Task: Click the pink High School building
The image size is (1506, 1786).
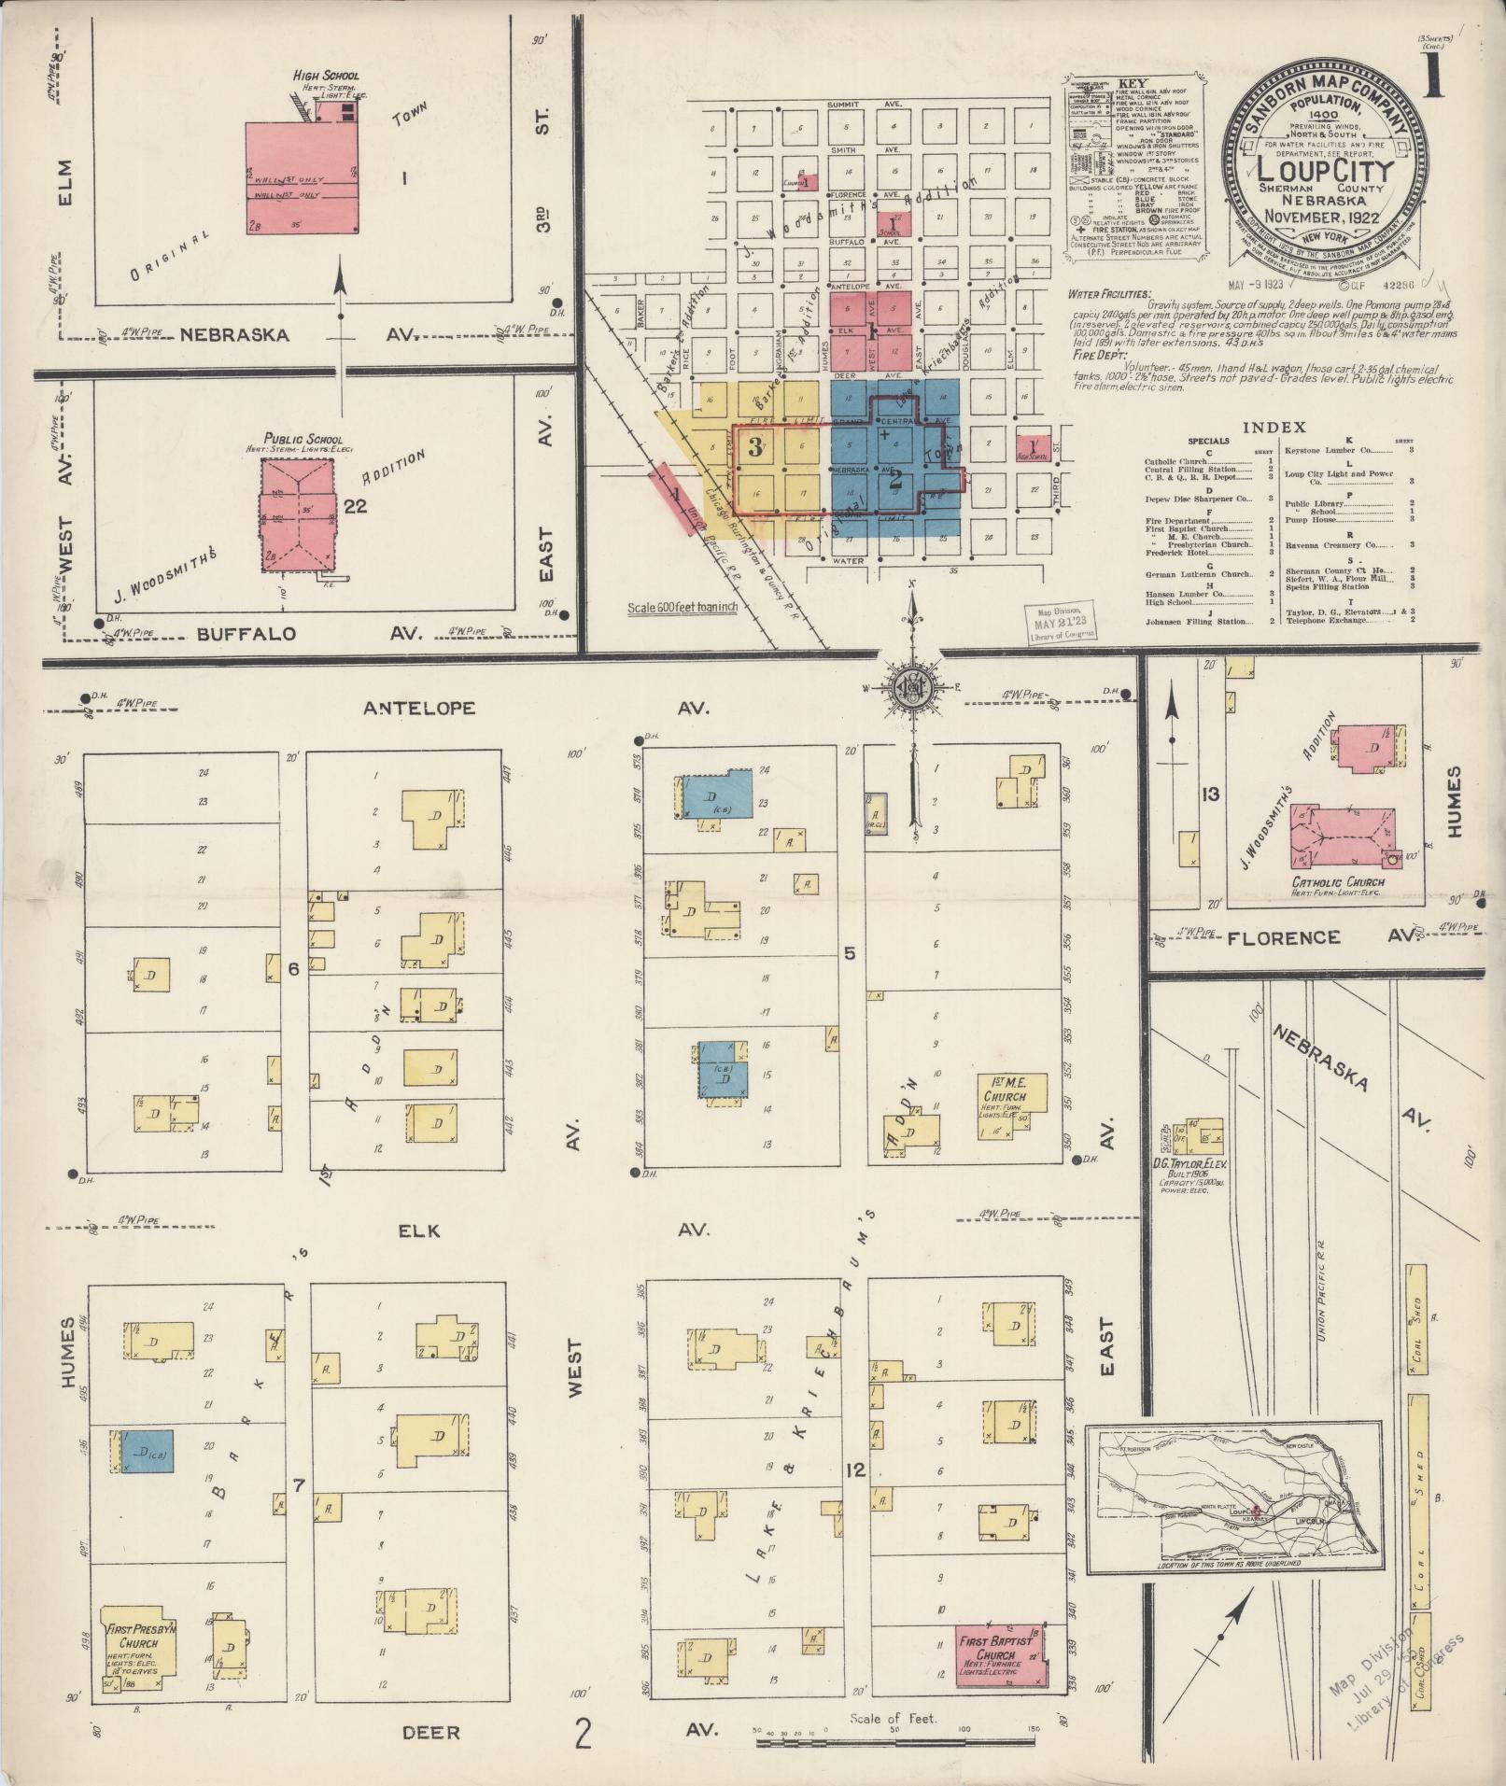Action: tap(303, 177)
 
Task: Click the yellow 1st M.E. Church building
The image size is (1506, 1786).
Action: tap(1011, 1104)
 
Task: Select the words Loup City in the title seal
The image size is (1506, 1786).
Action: tap(1325, 170)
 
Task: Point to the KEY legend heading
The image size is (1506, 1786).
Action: tap(1132, 83)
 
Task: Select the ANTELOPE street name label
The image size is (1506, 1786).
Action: tap(419, 708)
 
